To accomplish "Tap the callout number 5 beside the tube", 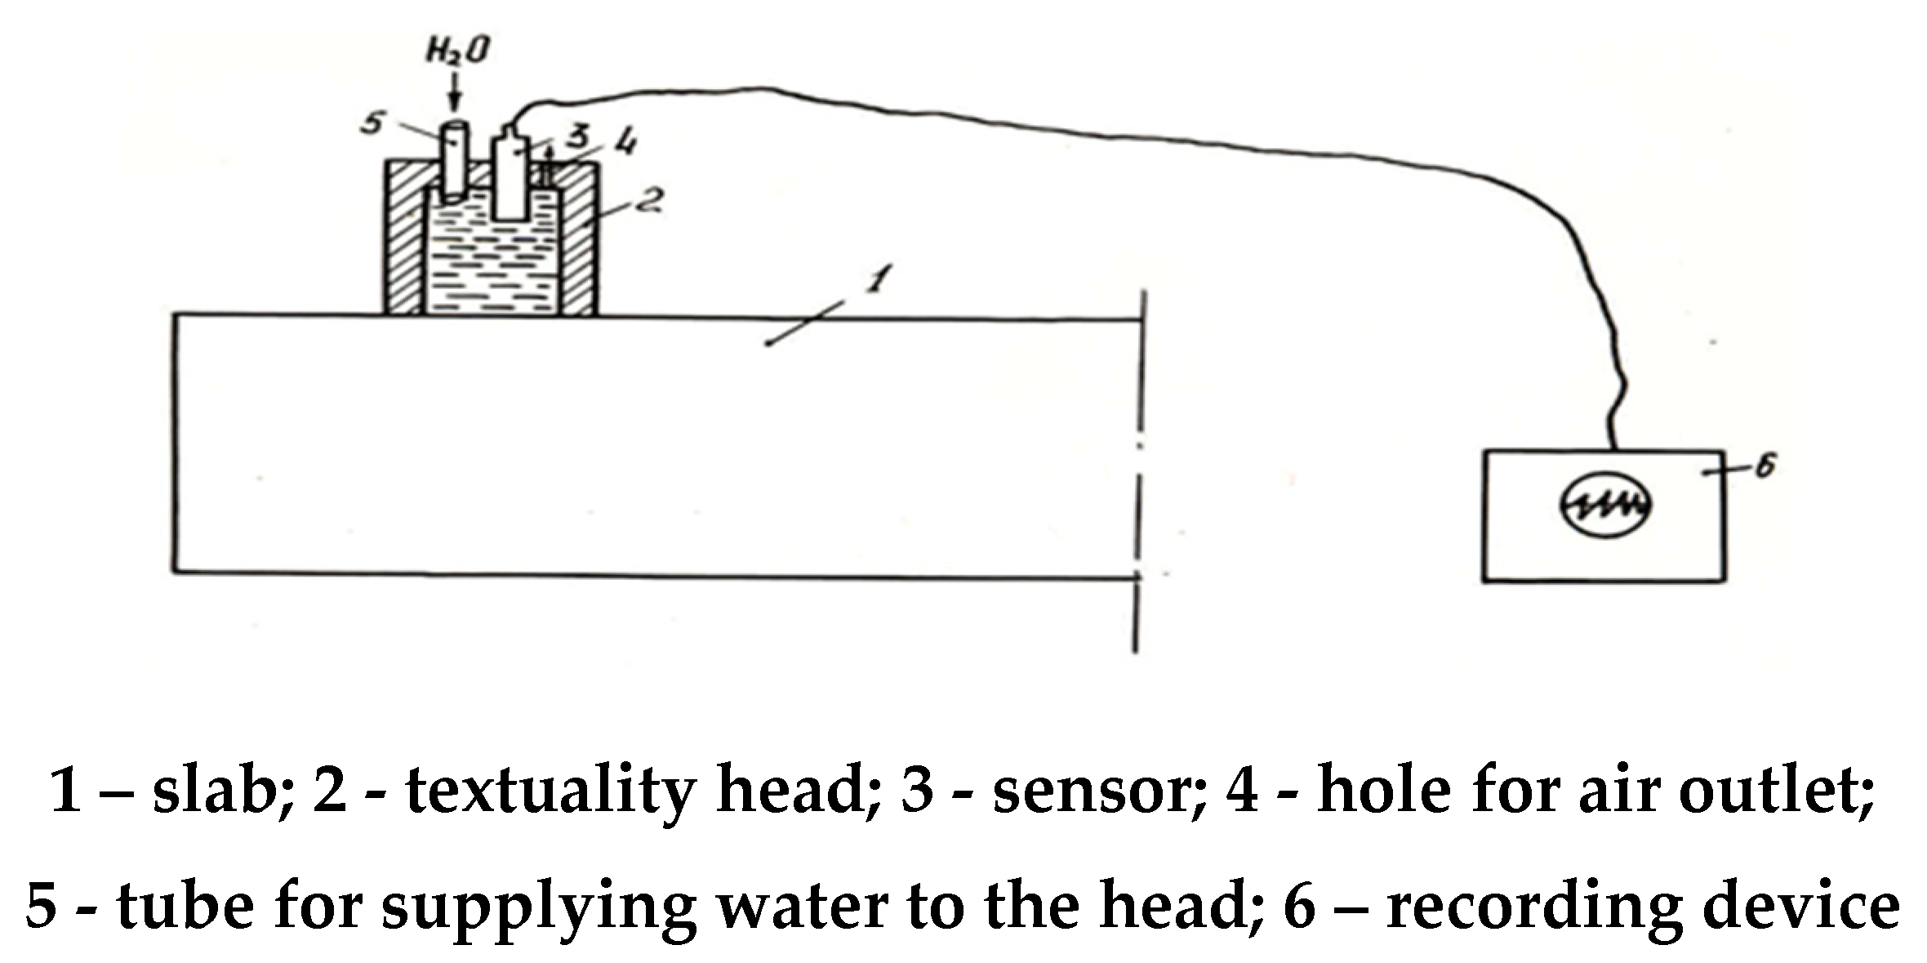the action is pos(373,124).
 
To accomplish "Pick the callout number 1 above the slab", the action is pos(875,283).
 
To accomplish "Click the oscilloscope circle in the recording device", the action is pos(1606,506).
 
